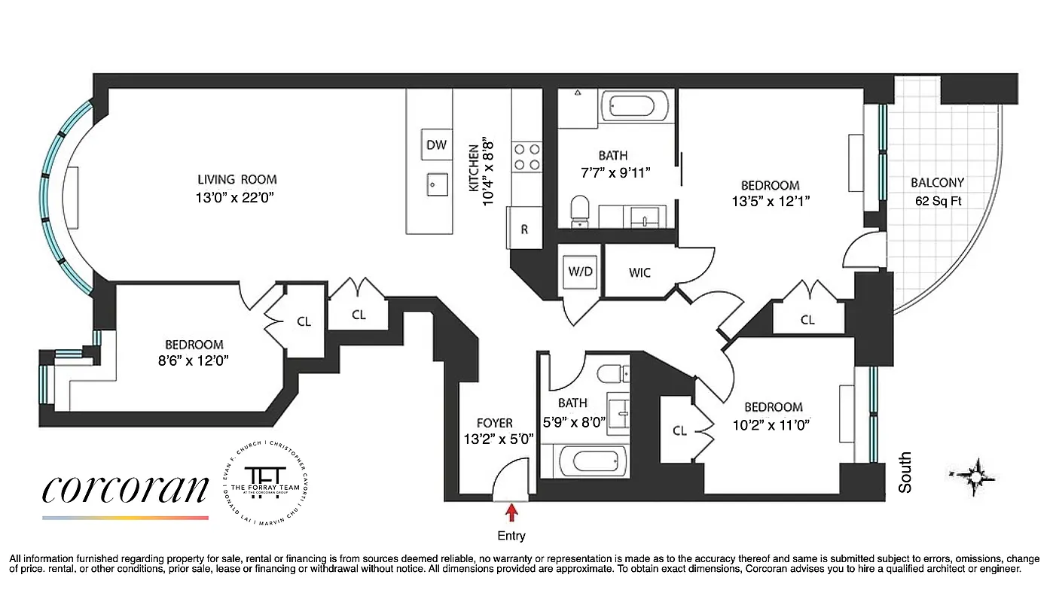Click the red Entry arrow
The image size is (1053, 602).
click(x=512, y=513)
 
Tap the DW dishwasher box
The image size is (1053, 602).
click(x=436, y=145)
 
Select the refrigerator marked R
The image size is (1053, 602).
click(x=524, y=230)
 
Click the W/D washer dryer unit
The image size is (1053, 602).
click(x=581, y=272)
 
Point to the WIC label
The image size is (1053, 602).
click(x=640, y=272)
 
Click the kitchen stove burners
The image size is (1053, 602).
click(x=527, y=157)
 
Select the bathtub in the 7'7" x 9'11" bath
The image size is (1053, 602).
click(x=636, y=107)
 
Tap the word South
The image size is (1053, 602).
click(x=905, y=472)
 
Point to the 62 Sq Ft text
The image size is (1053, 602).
click(x=937, y=201)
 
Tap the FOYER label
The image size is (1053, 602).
click(x=495, y=423)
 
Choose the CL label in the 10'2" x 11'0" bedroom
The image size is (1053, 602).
click(x=679, y=430)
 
